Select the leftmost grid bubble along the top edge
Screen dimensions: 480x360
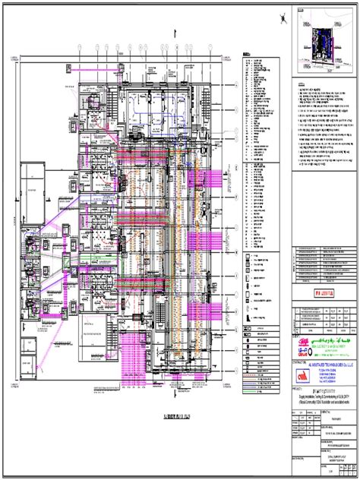coord(79,47)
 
